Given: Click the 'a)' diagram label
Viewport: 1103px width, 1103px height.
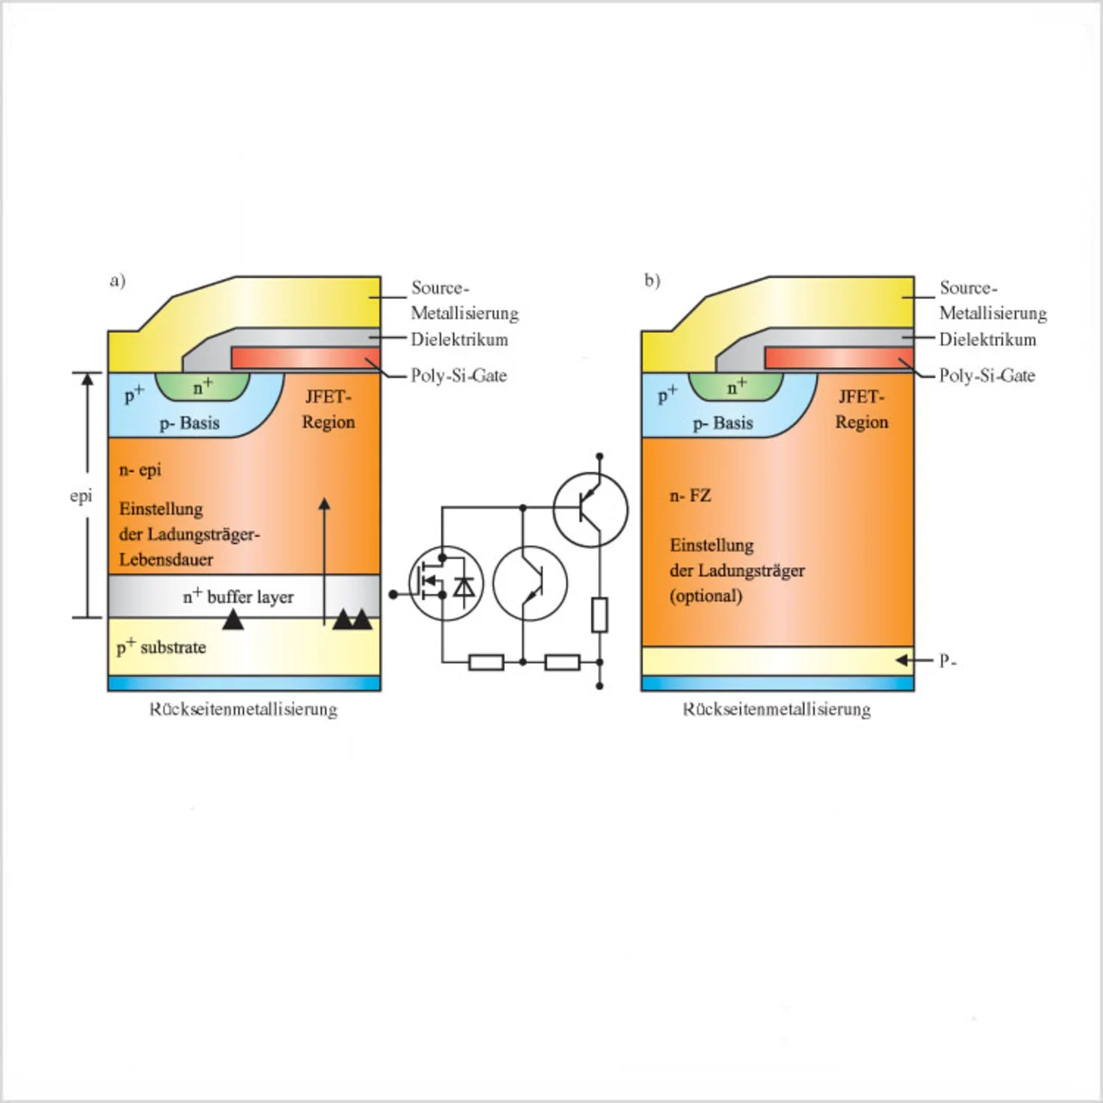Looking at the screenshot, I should [118, 281].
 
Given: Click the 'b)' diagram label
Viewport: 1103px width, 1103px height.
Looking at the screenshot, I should [652, 281].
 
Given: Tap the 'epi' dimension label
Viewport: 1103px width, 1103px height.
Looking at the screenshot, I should [81, 496].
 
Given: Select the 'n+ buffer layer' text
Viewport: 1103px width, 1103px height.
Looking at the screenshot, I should [238, 596].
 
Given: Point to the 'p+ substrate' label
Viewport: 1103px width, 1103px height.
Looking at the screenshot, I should [161, 647].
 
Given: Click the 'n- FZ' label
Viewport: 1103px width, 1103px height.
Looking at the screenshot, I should [690, 495].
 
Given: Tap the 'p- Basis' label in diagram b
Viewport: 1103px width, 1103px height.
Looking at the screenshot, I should [723, 423].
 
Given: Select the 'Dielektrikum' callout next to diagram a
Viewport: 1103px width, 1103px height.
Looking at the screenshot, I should [459, 340].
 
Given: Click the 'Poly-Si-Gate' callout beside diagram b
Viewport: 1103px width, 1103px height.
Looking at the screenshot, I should [987, 376].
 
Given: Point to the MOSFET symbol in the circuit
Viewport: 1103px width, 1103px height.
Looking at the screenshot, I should [446, 584].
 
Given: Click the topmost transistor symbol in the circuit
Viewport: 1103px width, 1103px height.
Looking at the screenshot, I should [590, 509].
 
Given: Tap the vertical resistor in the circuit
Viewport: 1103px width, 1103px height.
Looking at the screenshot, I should [600, 614].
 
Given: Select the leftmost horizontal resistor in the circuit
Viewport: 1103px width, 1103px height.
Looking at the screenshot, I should [486, 662].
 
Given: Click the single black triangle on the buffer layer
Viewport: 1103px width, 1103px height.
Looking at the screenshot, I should [233, 619].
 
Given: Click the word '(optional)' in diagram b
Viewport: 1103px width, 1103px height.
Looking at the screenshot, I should [706, 595].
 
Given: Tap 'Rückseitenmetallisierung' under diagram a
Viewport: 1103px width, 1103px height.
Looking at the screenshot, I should [244, 709].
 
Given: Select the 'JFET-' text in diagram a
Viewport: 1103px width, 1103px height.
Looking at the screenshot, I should [328, 397].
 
